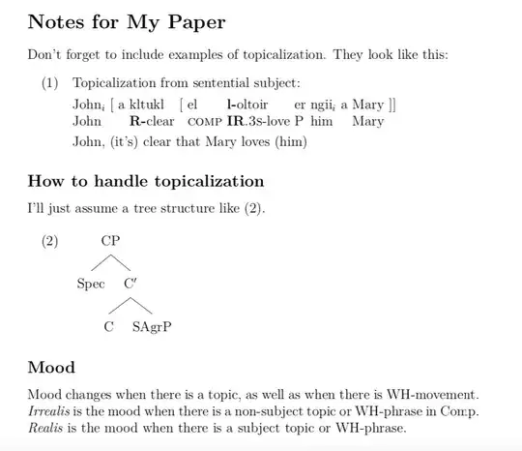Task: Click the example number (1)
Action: click(51, 84)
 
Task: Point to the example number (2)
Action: click(51, 241)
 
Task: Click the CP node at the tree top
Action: click(111, 241)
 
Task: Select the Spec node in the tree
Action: click(91, 284)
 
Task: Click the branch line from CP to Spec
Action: click(101, 262)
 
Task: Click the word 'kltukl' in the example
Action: click(148, 104)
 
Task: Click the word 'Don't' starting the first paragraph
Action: click(44, 54)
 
